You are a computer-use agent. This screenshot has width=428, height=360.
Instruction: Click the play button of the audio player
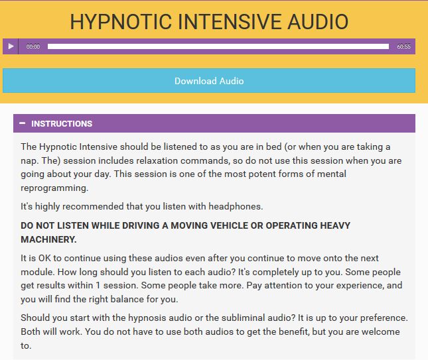pyautogui.click(x=11, y=46)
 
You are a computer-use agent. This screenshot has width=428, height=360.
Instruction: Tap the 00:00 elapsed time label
pyautogui.click(x=33, y=46)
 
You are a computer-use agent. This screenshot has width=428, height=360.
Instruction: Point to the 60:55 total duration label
pyautogui.click(x=403, y=46)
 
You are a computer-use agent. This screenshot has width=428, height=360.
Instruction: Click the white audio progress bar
pyautogui.click(x=218, y=46)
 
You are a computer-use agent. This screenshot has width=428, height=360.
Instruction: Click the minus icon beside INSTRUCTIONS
pyautogui.click(x=23, y=123)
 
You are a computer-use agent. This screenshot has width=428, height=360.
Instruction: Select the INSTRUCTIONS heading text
pyautogui.click(x=62, y=124)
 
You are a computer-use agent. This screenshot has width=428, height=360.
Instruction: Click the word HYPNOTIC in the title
pyautogui.click(x=121, y=22)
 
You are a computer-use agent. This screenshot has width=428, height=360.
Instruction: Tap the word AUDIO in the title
pyautogui.click(x=318, y=22)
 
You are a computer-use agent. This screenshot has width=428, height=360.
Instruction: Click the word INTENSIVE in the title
pyautogui.click(x=230, y=22)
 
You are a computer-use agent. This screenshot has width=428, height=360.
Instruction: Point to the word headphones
pyautogui.click(x=236, y=206)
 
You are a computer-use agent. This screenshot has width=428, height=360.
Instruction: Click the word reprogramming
pyautogui.click(x=54, y=188)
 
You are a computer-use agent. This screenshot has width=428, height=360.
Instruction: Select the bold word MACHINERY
pyautogui.click(x=48, y=239)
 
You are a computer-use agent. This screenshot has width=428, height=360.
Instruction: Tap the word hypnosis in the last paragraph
pyautogui.click(x=147, y=318)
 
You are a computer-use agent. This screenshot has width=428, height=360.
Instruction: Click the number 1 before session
pyautogui.click(x=98, y=286)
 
